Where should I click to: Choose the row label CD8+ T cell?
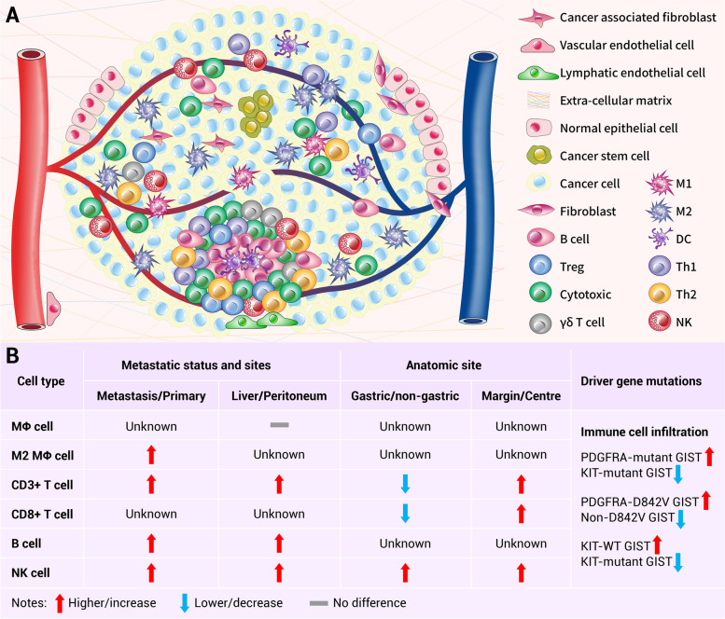44,513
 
